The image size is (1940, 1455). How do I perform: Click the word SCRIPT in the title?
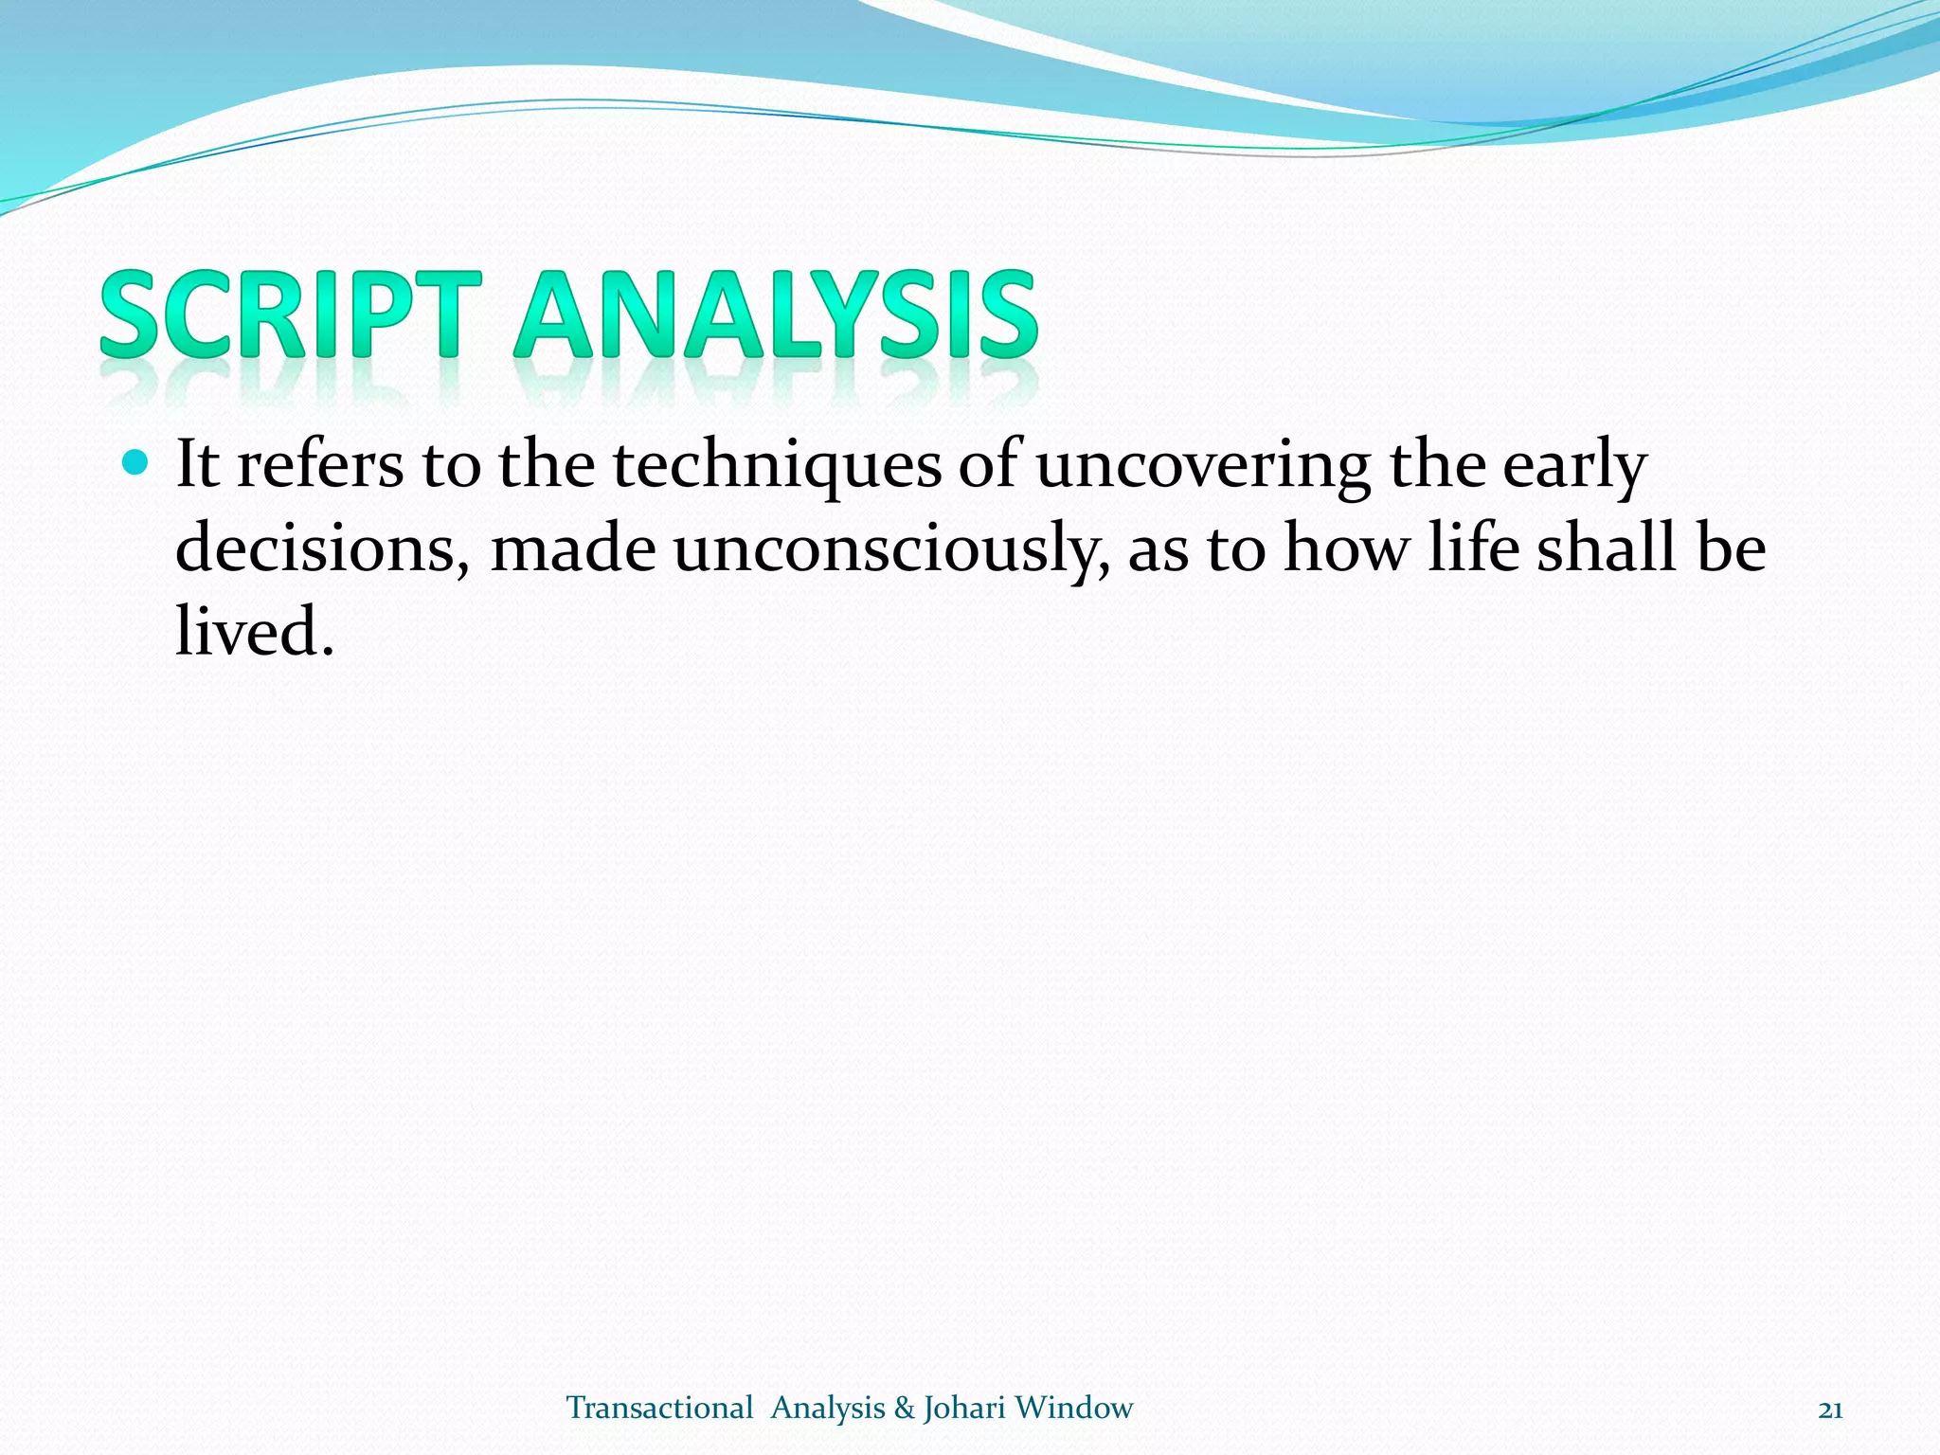tap(290, 314)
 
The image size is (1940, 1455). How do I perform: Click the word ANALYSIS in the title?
tap(776, 314)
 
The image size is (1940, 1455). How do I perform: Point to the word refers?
tap(319, 466)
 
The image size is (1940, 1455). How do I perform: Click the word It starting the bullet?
tap(197, 466)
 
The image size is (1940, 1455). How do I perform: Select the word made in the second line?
tap(572, 548)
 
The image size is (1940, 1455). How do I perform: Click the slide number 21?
tap(1830, 1410)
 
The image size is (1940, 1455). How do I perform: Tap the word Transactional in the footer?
tap(659, 1408)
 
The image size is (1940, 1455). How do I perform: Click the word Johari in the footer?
tap(963, 1408)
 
